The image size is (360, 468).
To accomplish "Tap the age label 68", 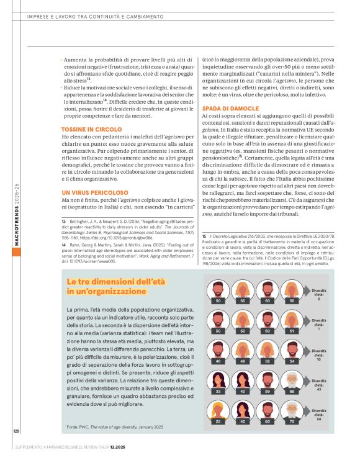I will [292, 391].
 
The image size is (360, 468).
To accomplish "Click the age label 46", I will [218, 361].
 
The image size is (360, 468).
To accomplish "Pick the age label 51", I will [292, 330].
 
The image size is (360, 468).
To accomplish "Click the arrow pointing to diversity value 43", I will [305, 381].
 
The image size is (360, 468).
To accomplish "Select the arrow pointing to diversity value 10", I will [305, 351].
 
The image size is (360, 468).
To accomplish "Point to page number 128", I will [17, 430].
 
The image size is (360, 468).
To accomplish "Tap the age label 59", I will [268, 391].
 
